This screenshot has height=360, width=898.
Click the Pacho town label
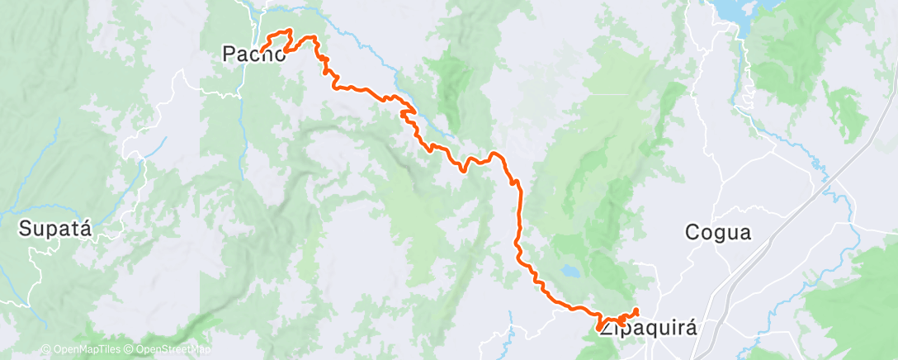pyautogui.click(x=254, y=54)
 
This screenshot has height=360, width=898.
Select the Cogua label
pyautogui.click(x=718, y=233)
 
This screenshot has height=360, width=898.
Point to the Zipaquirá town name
pyautogui.click(x=648, y=328)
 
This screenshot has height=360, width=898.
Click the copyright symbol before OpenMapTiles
pyautogui.click(x=46, y=350)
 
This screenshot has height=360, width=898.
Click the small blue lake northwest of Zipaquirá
pyautogui.click(x=570, y=270)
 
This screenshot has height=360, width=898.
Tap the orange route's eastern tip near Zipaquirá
pyautogui.click(x=636, y=310)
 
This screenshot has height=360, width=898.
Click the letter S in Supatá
pyautogui.click(x=26, y=228)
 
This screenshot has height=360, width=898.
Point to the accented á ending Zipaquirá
pyautogui.click(x=690, y=327)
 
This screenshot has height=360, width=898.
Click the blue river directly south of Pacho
pyautogui.click(x=242, y=124)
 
